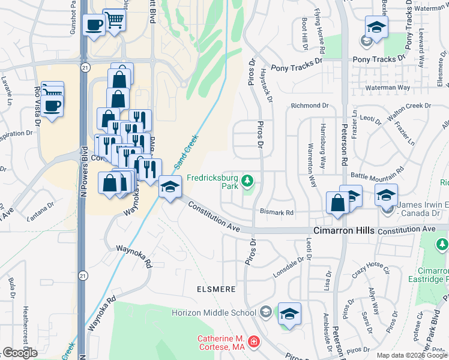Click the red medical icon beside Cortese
255,342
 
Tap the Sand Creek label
186,152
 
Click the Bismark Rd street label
276,212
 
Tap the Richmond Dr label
310,106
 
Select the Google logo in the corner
20,353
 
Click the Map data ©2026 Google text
412,355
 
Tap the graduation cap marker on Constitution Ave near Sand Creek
170,188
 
